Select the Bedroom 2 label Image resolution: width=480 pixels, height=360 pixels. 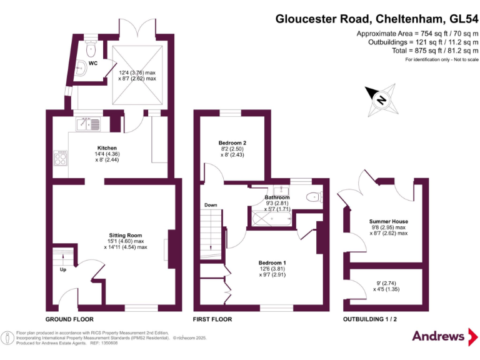[x=232, y=143]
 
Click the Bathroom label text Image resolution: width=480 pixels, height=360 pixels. [x=277, y=197]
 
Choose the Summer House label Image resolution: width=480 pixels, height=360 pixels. [x=388, y=222]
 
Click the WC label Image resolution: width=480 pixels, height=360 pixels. [x=92, y=63]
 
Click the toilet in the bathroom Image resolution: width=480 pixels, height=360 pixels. [x=314, y=198]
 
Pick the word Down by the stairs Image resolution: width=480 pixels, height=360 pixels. [x=211, y=205]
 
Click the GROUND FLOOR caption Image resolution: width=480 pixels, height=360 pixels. [x=70, y=319]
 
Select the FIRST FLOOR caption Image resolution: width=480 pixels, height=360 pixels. [x=212, y=319]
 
